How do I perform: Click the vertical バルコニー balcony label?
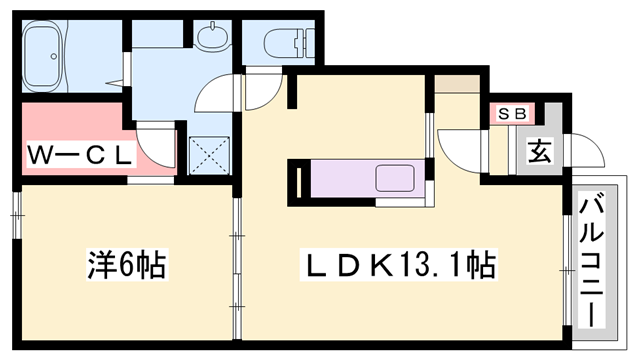[x=591, y=263]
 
